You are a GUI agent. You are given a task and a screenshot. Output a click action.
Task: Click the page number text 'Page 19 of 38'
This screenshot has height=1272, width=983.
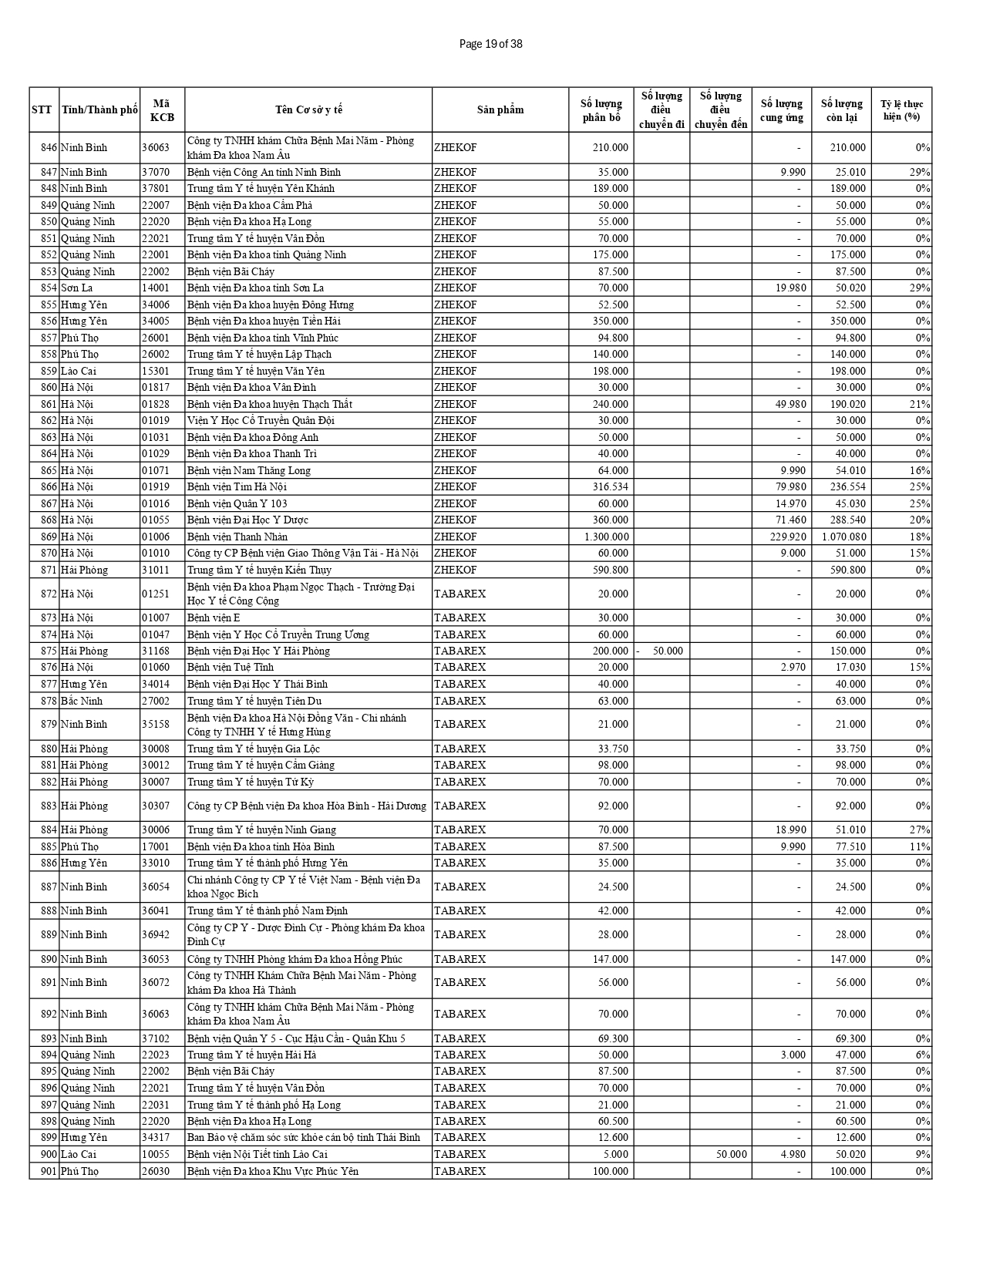490,44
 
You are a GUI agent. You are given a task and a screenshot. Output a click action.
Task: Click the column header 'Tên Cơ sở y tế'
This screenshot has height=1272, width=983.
308,109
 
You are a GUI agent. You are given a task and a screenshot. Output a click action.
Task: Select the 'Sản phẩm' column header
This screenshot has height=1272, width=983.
500,109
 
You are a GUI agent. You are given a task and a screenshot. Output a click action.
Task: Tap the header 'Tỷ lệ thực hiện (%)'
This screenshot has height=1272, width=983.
901,109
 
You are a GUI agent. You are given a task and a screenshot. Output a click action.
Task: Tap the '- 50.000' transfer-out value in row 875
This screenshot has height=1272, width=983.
661,651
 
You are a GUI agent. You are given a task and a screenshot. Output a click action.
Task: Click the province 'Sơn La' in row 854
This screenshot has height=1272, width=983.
77,288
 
